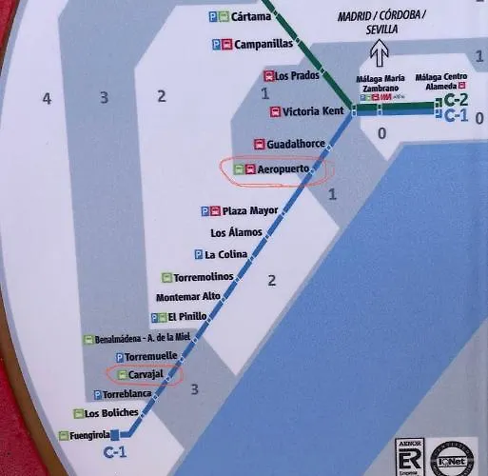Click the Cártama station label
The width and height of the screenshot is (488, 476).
tap(251, 16)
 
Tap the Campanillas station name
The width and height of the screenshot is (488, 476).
tap(263, 44)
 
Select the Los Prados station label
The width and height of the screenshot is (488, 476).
tap(298, 76)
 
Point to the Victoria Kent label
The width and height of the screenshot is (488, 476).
tap(313, 111)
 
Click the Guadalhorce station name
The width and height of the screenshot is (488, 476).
tap(297, 144)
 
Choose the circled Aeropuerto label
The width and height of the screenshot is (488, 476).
tap(284, 169)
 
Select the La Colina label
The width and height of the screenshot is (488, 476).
tap(226, 254)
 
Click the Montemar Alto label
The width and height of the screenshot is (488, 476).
tap(187, 297)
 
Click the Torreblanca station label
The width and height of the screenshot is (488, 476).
tap(127, 394)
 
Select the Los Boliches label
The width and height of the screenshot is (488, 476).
tap(111, 413)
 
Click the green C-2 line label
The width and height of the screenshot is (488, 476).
tap(458, 100)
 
